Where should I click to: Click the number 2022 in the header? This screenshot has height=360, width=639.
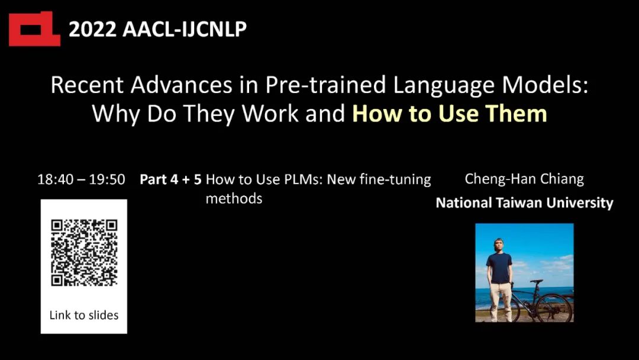(92, 30)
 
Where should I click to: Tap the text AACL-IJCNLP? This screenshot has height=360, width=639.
(185, 30)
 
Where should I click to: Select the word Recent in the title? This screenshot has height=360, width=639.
(87, 85)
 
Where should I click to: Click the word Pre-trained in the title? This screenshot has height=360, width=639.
(326, 86)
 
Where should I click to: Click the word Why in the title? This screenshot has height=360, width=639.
(116, 114)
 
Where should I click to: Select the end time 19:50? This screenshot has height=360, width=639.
(107, 179)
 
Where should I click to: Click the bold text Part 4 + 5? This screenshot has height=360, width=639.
(170, 179)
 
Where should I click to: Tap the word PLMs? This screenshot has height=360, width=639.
(298, 179)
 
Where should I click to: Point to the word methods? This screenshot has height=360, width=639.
(234, 198)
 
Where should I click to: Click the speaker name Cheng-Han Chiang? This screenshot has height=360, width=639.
(524, 179)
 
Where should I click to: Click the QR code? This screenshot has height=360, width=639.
(84, 253)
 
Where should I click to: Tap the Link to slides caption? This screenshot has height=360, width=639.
(84, 315)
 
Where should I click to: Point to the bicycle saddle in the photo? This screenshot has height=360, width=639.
(536, 281)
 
